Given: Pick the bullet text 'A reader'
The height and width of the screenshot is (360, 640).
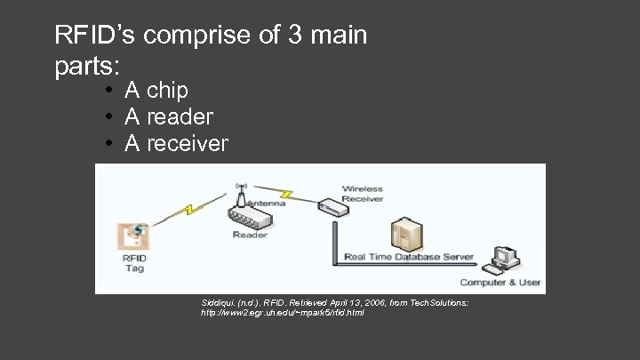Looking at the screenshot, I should (169, 117).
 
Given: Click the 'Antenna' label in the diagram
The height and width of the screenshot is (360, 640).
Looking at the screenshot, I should (267, 203).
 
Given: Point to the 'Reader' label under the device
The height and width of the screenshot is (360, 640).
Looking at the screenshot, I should (250, 236).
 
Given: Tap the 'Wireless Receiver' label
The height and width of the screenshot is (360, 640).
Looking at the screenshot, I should (363, 193).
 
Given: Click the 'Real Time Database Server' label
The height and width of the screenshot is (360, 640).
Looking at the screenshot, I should (410, 258).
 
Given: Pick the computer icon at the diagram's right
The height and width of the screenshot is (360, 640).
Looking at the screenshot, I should (505, 258).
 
